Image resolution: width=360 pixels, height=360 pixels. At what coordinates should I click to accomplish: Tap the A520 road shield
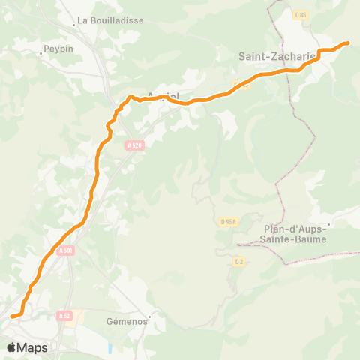click(135, 147)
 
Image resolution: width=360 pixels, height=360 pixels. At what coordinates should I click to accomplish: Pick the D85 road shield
click(301, 14)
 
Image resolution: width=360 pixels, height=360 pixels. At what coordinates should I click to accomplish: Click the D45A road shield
click(229, 221)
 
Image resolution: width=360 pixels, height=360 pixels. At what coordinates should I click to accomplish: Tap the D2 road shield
click(238, 261)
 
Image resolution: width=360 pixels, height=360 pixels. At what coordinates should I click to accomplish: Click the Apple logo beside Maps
click(11, 347)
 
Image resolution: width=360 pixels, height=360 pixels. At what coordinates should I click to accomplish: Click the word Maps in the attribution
click(32, 347)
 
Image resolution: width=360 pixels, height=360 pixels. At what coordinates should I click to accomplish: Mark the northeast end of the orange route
click(348, 43)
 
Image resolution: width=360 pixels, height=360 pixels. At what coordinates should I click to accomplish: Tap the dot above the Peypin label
click(43, 52)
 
